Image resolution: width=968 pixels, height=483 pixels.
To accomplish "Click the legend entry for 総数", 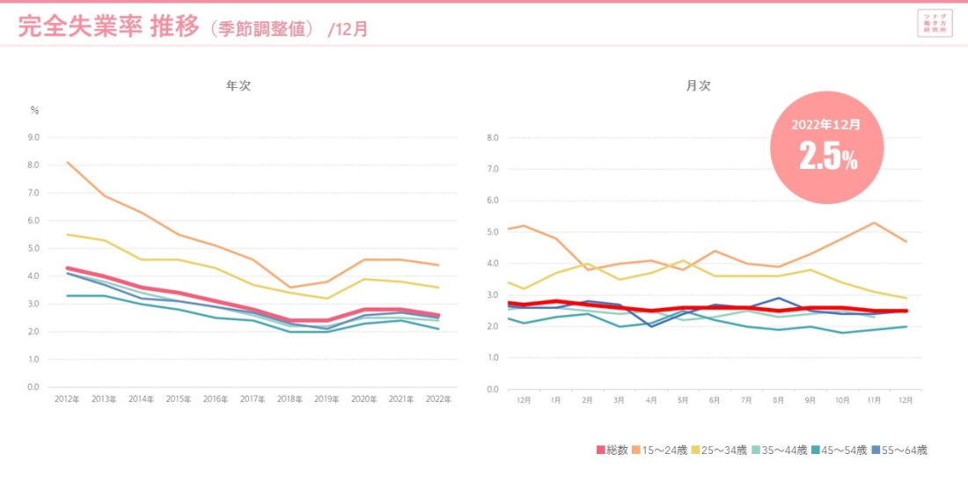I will tap(612, 450).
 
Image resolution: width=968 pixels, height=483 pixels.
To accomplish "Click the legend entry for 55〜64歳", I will tap(900, 450).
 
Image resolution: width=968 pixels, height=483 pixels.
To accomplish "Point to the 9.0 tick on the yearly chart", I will tap(34, 137).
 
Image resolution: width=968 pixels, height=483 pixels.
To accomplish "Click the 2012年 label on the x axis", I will tap(67, 399).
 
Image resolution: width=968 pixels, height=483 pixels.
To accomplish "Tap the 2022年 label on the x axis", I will tap(438, 399).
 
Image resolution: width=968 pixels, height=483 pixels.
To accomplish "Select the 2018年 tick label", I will tap(290, 399).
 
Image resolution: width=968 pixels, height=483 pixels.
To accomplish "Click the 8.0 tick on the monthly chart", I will tap(492, 137).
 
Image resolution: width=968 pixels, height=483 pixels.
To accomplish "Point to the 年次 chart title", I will tap(238, 86).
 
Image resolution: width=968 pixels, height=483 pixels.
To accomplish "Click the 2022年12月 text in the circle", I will tap(825, 125).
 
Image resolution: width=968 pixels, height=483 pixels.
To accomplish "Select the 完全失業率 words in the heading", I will tap(79, 27).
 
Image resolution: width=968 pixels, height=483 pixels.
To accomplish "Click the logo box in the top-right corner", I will tap(934, 23).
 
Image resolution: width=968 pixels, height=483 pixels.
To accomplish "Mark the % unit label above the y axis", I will tap(34, 111).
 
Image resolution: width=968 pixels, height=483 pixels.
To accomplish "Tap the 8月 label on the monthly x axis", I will tap(778, 399).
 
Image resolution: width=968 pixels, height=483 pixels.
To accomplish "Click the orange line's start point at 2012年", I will tap(67, 162).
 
